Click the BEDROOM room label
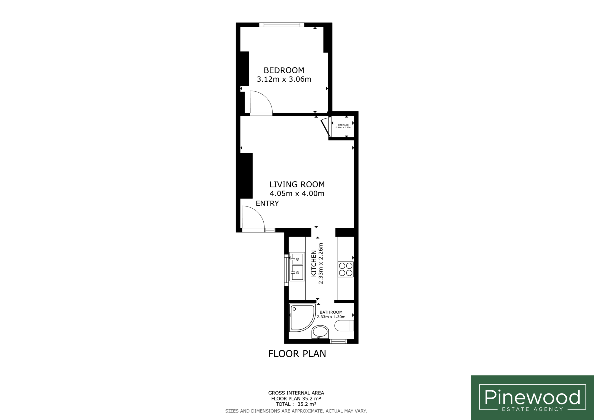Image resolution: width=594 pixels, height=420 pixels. pos(284,70)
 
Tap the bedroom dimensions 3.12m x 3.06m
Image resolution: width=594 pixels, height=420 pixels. pos(284,79)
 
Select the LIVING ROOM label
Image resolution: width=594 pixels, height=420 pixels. pos(297,184)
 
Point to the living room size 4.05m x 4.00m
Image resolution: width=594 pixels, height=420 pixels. pos(297,194)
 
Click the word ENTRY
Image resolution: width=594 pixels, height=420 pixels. pos(267,204)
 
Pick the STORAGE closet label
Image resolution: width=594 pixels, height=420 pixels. pos(343,125)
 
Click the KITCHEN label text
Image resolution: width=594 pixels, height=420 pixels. pos(313,263)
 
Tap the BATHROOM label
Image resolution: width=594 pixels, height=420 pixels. pos(331,312)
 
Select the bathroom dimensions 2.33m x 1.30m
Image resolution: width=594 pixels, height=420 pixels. pos(331,317)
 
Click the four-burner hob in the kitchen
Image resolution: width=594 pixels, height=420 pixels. pos(346,269)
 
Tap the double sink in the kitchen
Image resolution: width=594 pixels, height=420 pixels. pos(297,267)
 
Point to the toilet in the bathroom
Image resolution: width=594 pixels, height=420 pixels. pos(344,326)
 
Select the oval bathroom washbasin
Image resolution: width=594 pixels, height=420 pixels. pos(320,332)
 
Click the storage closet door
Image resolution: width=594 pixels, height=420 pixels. pos(325,127)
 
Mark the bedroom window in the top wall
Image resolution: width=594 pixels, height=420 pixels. pos(282,25)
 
